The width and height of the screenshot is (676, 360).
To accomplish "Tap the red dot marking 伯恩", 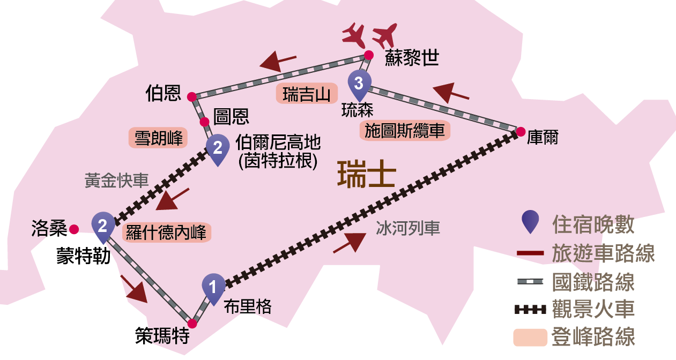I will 191,96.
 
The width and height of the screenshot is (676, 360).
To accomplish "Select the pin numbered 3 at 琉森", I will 359,84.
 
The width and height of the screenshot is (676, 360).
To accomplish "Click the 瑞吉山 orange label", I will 307,93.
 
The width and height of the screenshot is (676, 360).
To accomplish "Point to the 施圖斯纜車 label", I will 405,131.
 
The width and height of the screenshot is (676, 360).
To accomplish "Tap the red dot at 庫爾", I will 520,131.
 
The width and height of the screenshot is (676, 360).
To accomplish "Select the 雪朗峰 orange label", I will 158,138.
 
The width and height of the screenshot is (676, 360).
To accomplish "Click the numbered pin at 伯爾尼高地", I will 218,148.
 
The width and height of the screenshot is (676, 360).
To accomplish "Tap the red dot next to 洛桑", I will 74,229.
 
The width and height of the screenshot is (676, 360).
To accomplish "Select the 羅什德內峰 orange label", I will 167,232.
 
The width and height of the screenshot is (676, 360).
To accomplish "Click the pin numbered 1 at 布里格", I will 213,288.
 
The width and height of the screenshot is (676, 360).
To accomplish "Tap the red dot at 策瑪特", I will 192,324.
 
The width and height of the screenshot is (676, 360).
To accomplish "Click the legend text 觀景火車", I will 593,309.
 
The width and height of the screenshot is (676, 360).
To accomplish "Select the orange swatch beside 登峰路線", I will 530,337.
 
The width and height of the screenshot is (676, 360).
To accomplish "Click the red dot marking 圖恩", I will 205,122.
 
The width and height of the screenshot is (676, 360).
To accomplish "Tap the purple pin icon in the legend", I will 530,221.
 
